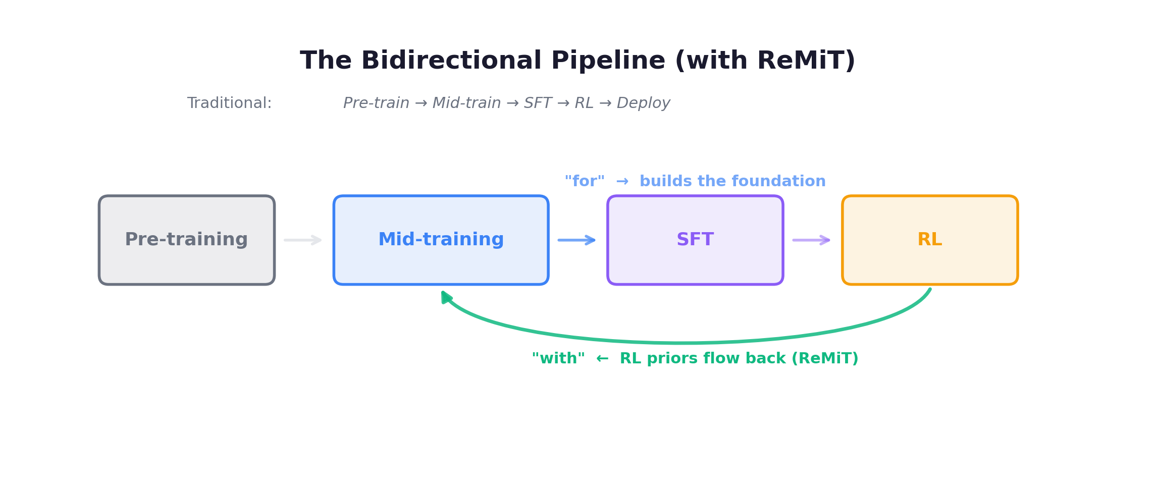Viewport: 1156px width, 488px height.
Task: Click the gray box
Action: tap(186, 240)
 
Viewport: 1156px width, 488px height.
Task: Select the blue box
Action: tap(441, 240)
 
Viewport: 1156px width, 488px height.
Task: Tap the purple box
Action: tap(695, 240)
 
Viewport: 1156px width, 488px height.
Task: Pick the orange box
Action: tap(930, 240)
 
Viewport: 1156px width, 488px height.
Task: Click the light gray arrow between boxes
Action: tap(302, 240)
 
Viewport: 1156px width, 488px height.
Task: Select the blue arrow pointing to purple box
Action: tap(576, 240)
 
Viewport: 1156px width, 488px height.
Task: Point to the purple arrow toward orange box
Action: tap(811, 240)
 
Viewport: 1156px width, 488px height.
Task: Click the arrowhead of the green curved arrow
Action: tap(446, 297)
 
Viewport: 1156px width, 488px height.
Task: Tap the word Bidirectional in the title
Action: tap(451, 61)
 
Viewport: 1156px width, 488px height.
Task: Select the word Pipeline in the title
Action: tap(608, 61)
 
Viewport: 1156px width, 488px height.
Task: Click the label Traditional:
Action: tap(229, 103)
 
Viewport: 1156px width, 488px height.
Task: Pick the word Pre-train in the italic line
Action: tap(376, 103)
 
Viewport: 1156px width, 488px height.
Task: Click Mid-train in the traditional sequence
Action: tap(466, 103)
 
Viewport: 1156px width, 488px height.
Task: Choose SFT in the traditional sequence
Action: tap(538, 103)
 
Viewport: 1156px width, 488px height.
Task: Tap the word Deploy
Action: tap(643, 103)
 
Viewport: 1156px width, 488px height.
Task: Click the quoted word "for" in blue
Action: tap(584, 181)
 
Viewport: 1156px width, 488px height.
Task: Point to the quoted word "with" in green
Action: tap(558, 358)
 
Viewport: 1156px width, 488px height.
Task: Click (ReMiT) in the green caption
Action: tap(825, 358)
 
